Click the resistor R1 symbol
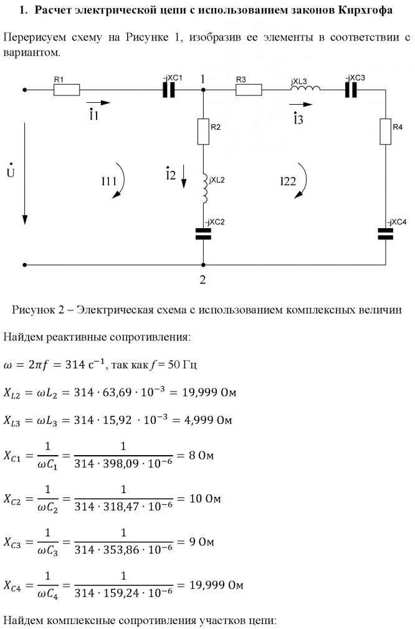point(67,90)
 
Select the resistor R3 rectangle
point(248,90)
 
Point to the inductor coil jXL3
point(305,89)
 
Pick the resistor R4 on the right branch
point(386,132)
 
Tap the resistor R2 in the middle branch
point(203,132)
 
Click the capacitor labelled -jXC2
point(203,233)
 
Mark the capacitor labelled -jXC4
point(386,233)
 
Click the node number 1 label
point(203,79)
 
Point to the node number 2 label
point(202,279)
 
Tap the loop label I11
point(108,181)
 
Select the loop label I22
point(288,181)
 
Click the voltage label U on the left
point(10,171)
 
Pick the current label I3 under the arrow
point(298,119)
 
